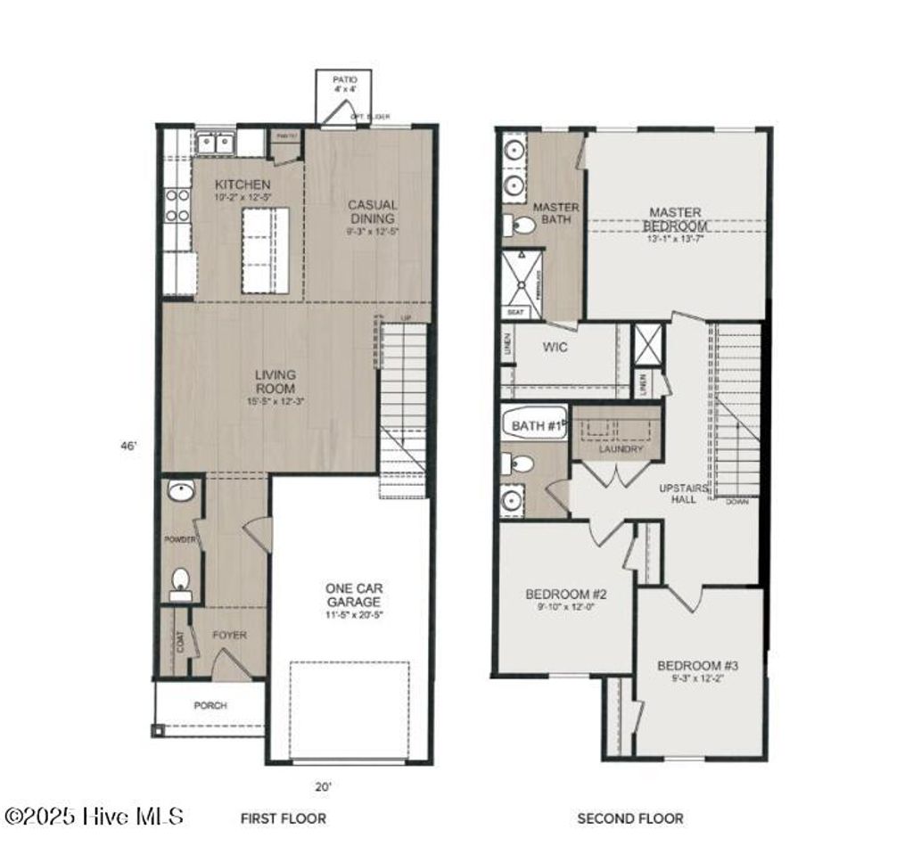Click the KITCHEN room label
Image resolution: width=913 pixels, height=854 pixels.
pyautogui.click(x=243, y=185)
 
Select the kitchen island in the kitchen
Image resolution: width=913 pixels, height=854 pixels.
pyautogui.click(x=265, y=250)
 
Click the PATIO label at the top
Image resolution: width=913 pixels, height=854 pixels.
pyautogui.click(x=344, y=80)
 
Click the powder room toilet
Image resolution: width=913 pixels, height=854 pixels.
pyautogui.click(x=180, y=581)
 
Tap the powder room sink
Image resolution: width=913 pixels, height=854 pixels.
pyautogui.click(x=181, y=491)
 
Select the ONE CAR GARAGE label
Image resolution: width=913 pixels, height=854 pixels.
pyautogui.click(x=354, y=595)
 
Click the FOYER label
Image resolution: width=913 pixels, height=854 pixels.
pyautogui.click(x=229, y=636)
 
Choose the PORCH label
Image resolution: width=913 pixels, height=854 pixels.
pyautogui.click(x=210, y=705)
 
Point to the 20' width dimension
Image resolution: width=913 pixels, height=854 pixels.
pyautogui.click(x=323, y=786)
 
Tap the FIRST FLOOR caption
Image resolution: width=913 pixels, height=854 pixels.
pyautogui.click(x=284, y=817)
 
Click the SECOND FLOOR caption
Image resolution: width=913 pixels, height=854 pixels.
pyautogui.click(x=630, y=817)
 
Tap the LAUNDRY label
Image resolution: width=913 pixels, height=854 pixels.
pyautogui.click(x=621, y=449)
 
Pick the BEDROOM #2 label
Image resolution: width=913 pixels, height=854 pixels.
pyautogui.click(x=566, y=595)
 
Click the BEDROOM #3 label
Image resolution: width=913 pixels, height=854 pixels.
pyautogui.click(x=698, y=666)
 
